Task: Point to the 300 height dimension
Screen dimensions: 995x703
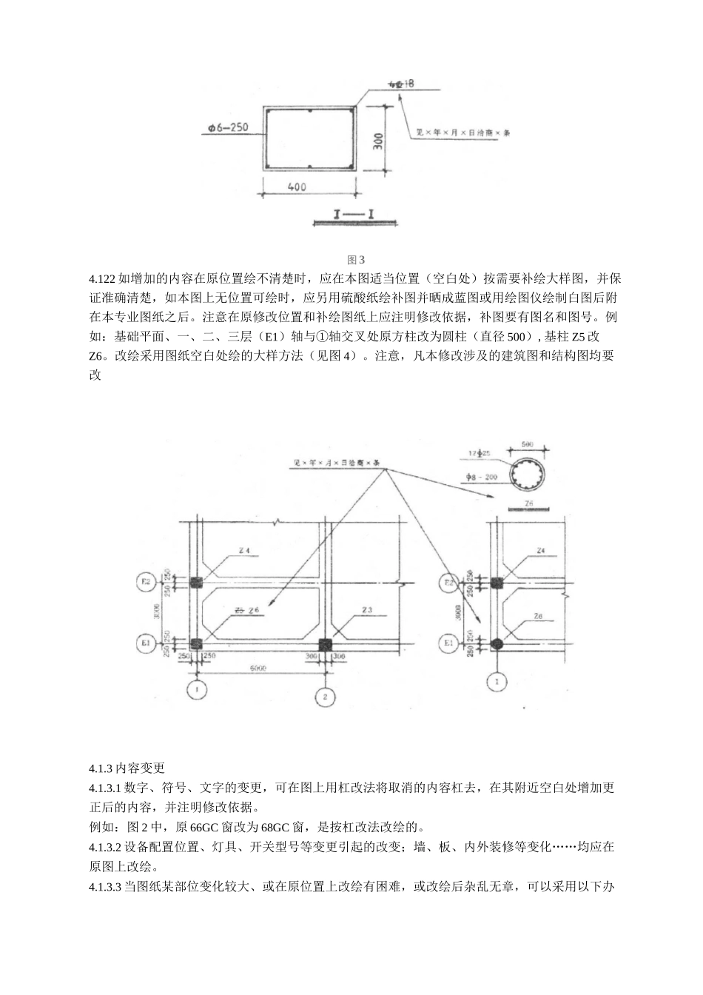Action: [x=377, y=140]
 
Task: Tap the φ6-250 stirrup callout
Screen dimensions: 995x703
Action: [x=227, y=127]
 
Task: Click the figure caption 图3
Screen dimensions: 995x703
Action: [x=356, y=260]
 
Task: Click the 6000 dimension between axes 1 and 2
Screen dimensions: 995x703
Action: [x=258, y=668]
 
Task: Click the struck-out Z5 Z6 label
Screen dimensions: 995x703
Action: [x=246, y=610]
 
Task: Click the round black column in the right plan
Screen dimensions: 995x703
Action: [x=497, y=643]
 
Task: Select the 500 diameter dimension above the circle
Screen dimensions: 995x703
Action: [x=527, y=444]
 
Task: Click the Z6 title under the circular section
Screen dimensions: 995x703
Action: [x=528, y=503]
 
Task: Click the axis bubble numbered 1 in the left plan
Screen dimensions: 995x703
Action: [x=196, y=690]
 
